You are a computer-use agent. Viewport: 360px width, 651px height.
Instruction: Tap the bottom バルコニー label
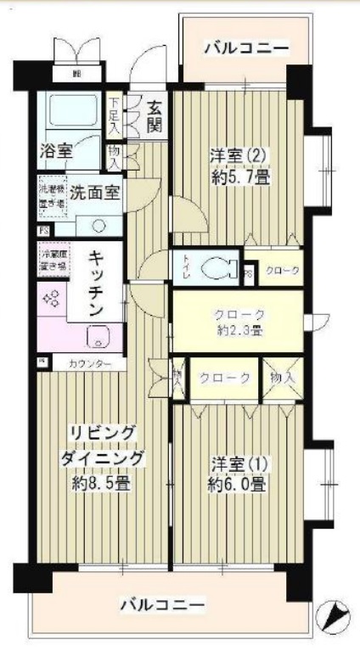pos(161,605)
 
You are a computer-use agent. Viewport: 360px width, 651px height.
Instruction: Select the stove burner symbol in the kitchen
pos(49,298)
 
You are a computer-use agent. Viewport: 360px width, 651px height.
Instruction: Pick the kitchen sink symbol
pos(99,336)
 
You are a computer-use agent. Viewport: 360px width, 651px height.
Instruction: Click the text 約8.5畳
pos(104,484)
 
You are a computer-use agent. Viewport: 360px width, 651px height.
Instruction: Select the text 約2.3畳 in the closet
pos(239,330)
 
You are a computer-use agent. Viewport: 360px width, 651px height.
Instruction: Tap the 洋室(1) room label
pos(239,464)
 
